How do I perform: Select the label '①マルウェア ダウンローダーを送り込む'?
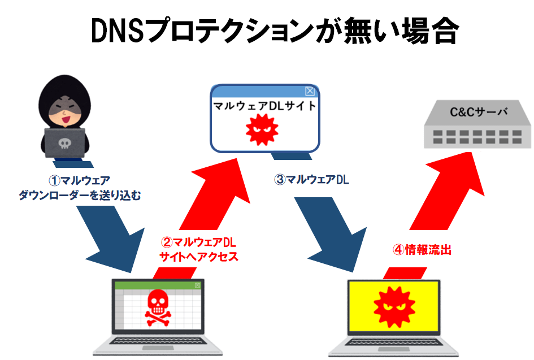pos(79,188)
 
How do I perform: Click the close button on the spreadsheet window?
pos(197,285)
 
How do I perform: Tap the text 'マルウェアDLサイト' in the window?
pos(264,107)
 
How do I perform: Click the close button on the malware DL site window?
pos(310,91)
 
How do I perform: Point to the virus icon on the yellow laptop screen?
pos(394,307)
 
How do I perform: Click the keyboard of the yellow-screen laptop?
pos(394,344)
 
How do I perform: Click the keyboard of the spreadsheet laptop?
pos(157,344)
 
